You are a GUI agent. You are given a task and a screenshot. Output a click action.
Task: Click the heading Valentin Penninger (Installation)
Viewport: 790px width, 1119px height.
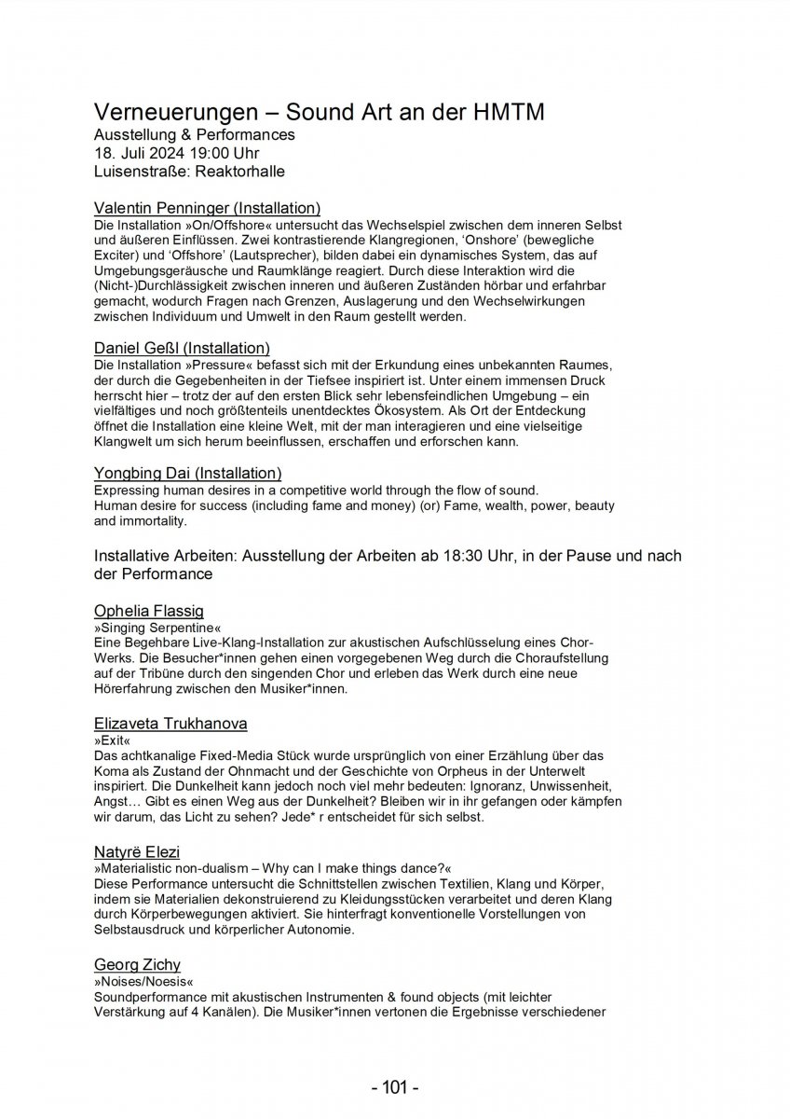208,208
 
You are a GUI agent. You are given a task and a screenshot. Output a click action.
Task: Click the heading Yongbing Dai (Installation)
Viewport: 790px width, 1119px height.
188,474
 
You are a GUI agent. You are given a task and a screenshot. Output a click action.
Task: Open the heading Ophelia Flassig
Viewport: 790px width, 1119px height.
147,611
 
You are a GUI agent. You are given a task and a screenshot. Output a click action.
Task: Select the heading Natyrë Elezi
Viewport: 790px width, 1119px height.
137,852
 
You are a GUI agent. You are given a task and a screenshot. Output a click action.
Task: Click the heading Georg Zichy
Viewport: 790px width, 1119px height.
137,964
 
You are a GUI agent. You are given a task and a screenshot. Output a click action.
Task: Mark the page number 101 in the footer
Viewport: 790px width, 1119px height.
395,1087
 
